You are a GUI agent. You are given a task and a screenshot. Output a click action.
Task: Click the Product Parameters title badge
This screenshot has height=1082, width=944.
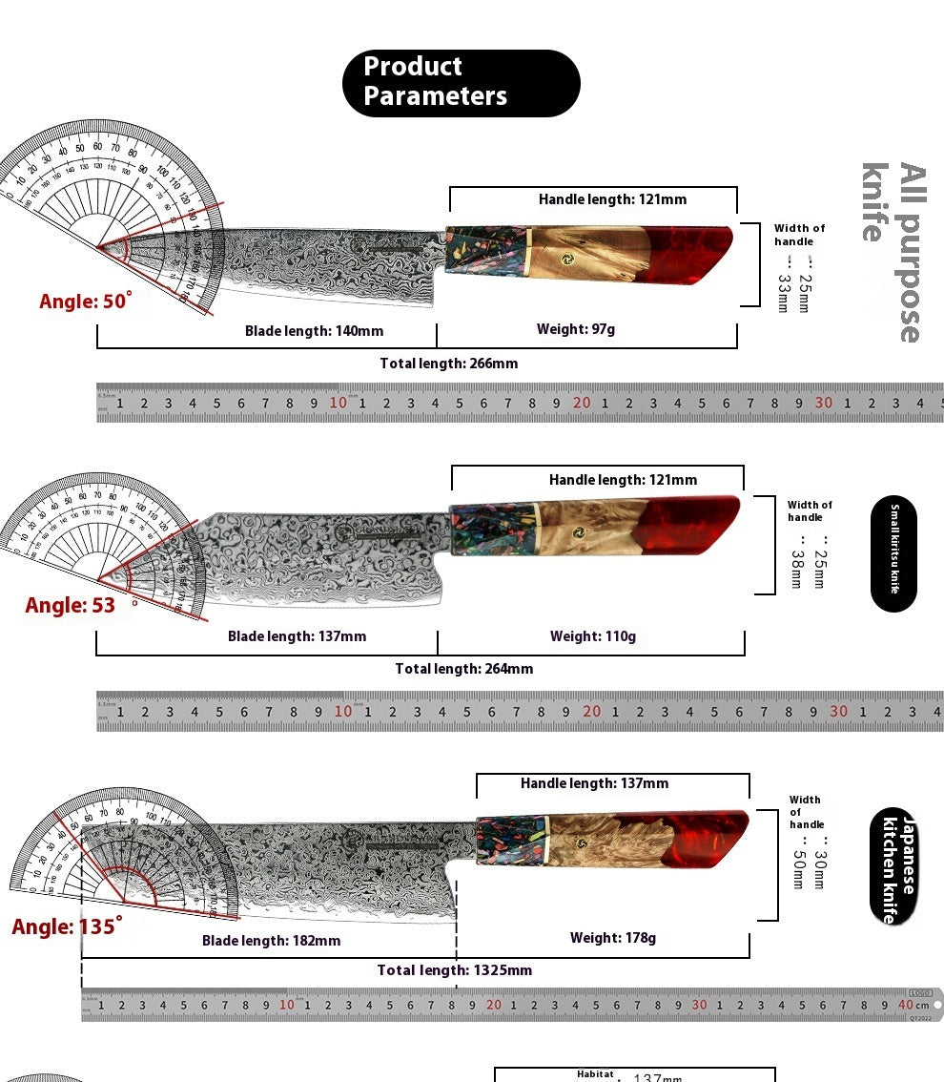click(x=461, y=83)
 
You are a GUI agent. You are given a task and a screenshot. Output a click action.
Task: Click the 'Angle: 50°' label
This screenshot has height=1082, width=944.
click(x=85, y=302)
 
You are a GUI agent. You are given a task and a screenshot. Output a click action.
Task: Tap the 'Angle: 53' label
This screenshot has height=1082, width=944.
click(x=71, y=606)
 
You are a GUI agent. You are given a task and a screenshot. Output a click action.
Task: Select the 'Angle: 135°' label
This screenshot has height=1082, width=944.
click(x=67, y=926)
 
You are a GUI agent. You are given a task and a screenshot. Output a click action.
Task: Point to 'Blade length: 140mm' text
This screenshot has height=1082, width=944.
click(x=314, y=331)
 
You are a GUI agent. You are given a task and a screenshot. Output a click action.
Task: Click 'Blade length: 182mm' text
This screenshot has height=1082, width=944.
click(x=271, y=941)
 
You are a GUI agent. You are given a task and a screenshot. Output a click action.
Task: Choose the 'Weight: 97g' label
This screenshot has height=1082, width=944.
click(x=576, y=329)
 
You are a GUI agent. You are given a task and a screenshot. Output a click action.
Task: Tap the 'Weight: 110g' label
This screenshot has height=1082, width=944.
click(x=592, y=636)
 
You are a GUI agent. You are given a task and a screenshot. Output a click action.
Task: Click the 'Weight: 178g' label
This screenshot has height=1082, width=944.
click(x=613, y=938)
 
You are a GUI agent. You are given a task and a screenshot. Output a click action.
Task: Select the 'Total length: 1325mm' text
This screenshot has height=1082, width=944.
click(x=454, y=970)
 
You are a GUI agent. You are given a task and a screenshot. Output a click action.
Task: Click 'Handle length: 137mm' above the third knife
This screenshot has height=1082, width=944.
click(x=594, y=783)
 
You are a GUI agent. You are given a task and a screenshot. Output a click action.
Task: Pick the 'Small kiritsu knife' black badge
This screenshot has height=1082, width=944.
click(x=893, y=553)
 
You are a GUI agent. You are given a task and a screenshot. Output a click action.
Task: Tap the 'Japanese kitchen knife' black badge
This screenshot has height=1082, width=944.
click(x=893, y=866)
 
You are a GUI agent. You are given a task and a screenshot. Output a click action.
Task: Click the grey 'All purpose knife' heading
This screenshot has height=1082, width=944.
click(x=893, y=252)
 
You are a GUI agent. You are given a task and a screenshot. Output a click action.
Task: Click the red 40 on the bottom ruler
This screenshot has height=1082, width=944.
click(x=905, y=1005)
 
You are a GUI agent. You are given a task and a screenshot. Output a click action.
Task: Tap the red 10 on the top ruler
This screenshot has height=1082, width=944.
click(x=339, y=403)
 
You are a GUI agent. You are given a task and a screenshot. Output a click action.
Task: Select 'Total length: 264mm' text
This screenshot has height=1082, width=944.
click(x=464, y=669)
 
